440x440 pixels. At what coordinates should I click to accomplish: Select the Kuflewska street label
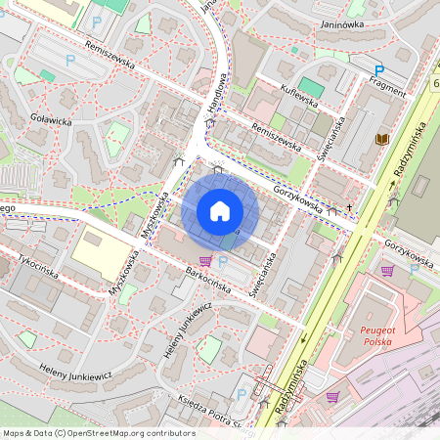pyautogui.click(x=299, y=100)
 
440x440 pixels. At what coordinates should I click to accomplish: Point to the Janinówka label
pyautogui.click(x=342, y=26)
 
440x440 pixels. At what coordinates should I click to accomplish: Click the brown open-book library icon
pyautogui.click(x=379, y=141)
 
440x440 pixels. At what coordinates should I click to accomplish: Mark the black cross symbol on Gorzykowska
pyautogui.click(x=349, y=208)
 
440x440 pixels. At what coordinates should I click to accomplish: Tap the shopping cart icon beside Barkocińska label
pyautogui.click(x=205, y=261)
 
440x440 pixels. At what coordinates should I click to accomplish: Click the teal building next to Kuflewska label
pyautogui.click(x=311, y=87)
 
